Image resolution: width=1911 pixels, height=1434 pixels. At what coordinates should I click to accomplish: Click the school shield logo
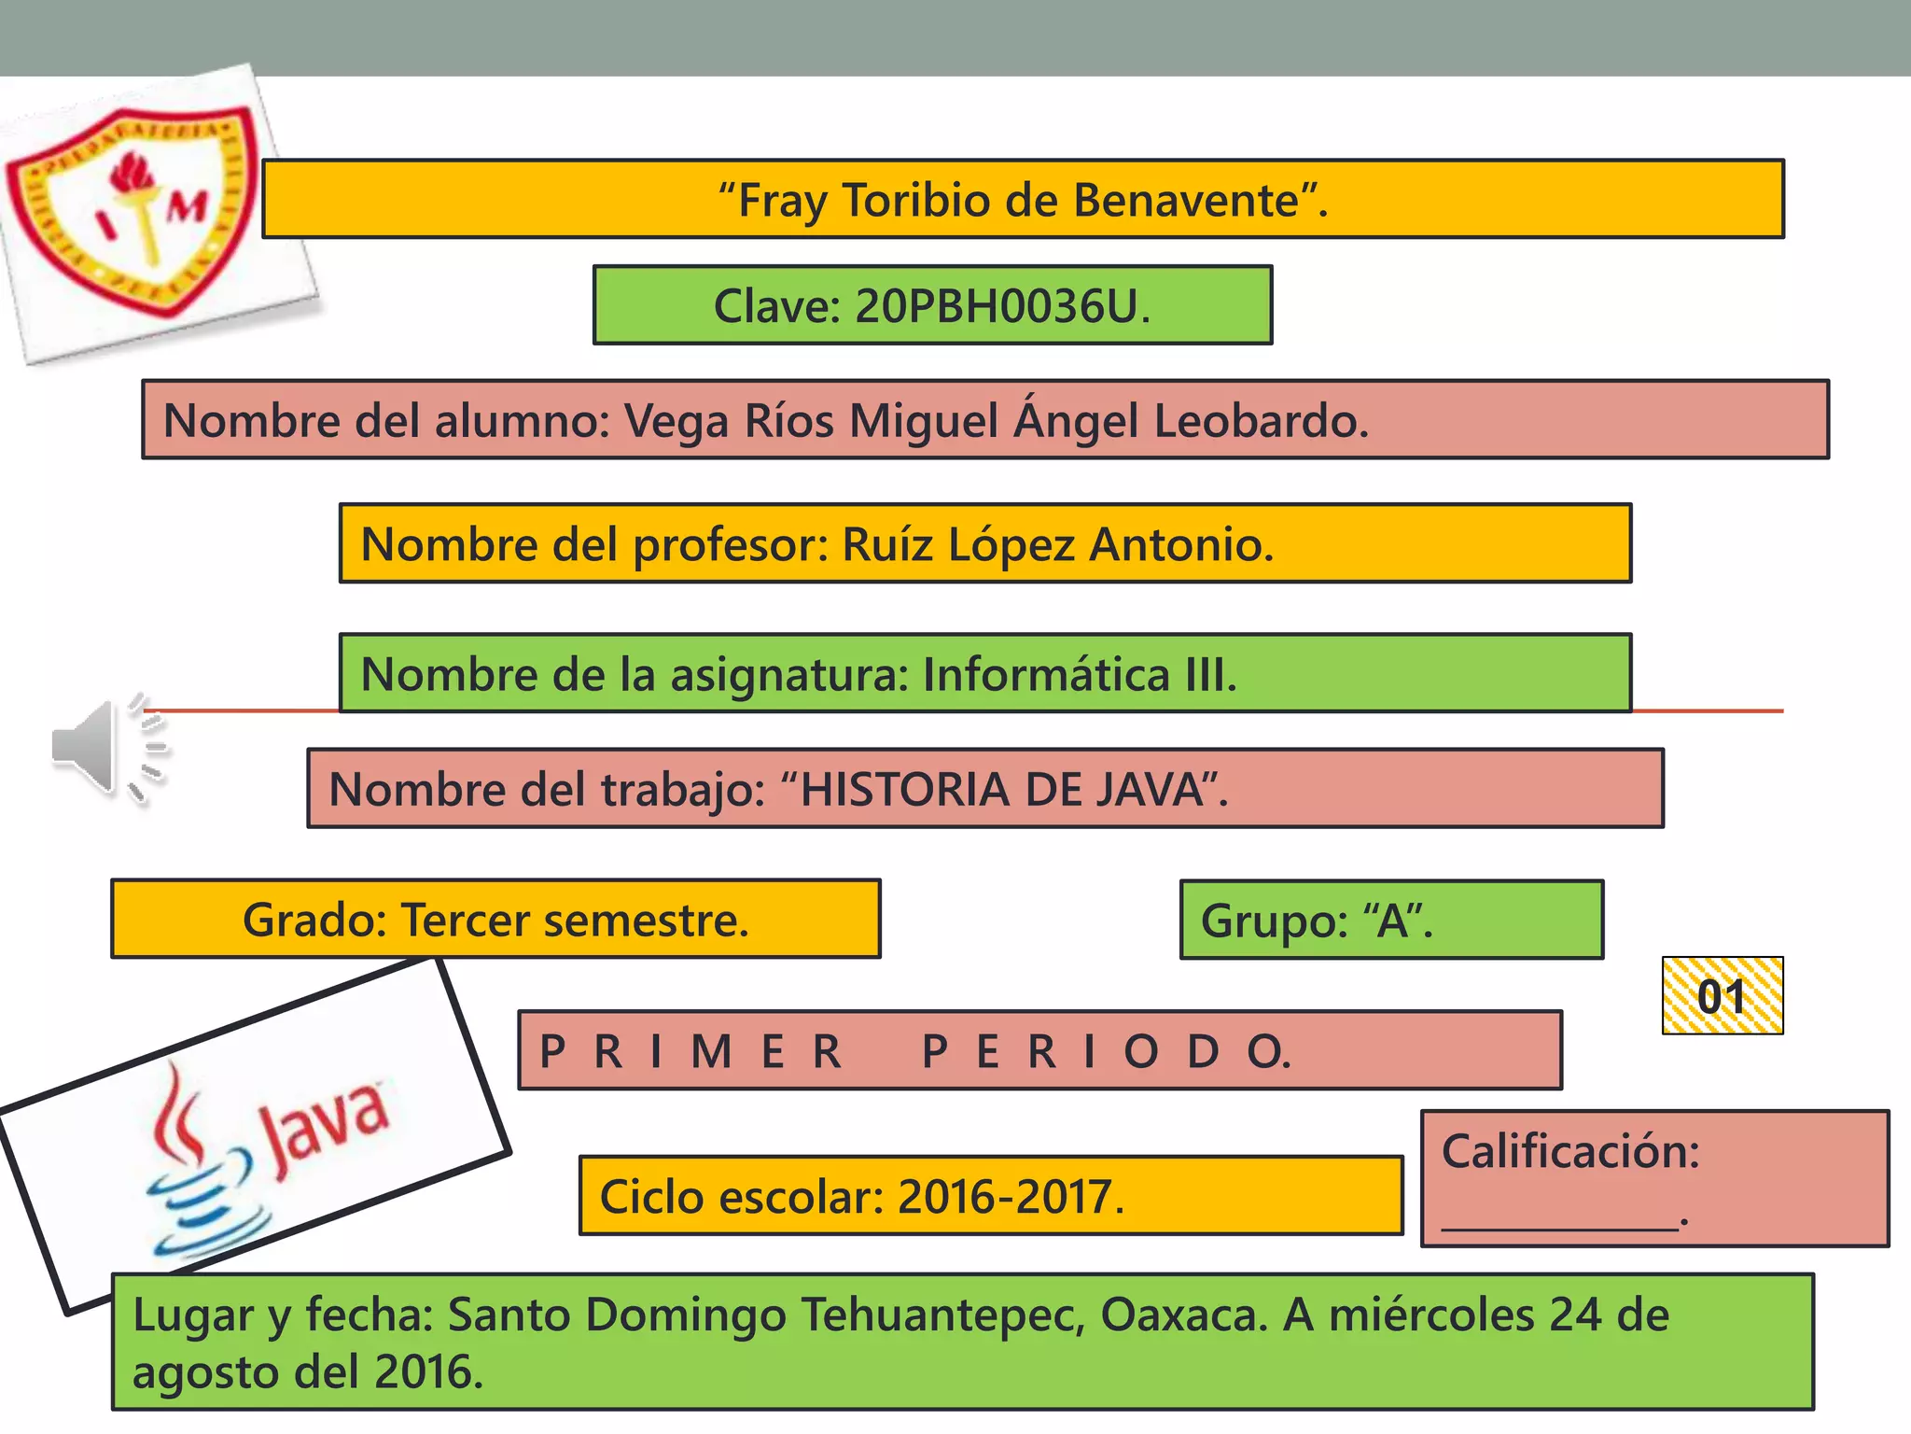pos(131,210)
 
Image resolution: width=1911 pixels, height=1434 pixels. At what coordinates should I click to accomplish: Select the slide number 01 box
pos(1722,996)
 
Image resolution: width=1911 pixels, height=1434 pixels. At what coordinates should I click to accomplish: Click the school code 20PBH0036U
pos(997,306)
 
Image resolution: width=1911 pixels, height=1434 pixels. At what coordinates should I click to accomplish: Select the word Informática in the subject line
pos(1046,675)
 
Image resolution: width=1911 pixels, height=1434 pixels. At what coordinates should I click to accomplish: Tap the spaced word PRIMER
pos(690,1052)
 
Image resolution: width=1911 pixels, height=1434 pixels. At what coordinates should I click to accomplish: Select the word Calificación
pos(1569,1151)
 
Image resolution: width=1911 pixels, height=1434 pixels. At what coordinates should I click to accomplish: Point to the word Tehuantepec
pos(942,1315)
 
